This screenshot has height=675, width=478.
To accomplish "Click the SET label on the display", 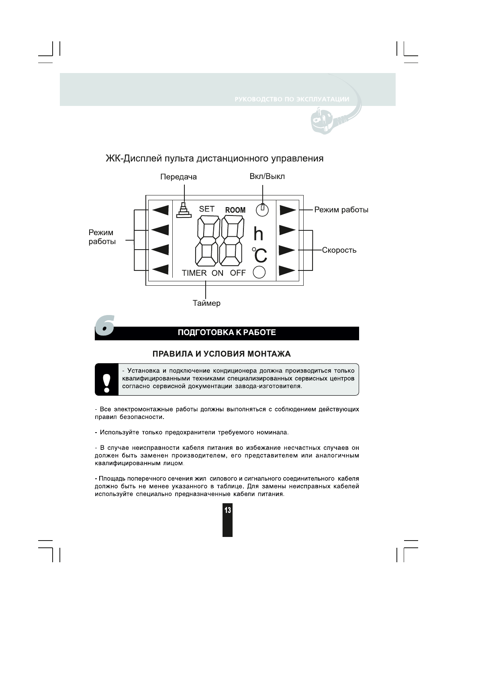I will tap(207, 209).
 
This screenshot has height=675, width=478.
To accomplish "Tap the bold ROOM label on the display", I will tap(235, 210).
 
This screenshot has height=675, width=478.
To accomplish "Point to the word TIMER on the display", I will tap(194, 273).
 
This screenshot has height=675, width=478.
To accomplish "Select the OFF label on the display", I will tap(238, 273).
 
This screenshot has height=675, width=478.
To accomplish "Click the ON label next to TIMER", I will tap(217, 273).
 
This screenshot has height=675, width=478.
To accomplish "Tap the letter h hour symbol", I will tap(258, 234).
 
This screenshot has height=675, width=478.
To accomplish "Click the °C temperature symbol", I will tap(259, 255).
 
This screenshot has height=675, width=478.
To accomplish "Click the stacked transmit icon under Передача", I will tap(184, 210).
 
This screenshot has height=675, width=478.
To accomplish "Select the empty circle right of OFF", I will tap(259, 272).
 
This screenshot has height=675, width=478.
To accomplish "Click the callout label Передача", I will tap(178, 177).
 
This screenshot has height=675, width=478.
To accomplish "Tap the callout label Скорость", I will tap(339, 250).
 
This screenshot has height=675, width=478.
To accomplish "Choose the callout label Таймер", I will tap(206, 303).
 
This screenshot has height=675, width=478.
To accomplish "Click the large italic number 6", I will tap(105, 325).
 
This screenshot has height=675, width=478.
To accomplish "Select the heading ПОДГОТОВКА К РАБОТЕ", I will tap(227, 333).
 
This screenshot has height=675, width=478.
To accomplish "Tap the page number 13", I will tap(227, 511).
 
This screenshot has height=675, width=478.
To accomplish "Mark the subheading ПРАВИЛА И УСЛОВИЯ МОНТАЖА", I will tap(221, 354).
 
